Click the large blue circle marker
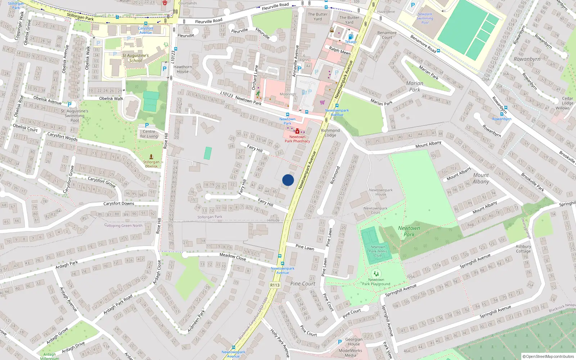point(288,180)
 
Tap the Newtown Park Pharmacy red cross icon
point(297,131)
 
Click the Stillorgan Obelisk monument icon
point(151,157)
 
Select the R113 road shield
point(275,285)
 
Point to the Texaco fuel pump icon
point(351,37)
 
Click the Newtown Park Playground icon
point(376,274)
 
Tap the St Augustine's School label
point(135,58)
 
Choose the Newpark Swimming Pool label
point(425,18)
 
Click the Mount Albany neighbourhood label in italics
point(481,178)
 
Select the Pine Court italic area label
point(303,284)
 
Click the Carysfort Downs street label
point(119,203)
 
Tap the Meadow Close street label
point(233,257)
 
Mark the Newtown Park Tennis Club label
point(378,251)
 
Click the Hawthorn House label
point(183,69)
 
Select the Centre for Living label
point(149,134)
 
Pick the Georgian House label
point(354,341)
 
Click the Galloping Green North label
point(123,226)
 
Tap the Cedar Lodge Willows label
point(566,103)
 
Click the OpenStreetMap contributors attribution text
point(548,356)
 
